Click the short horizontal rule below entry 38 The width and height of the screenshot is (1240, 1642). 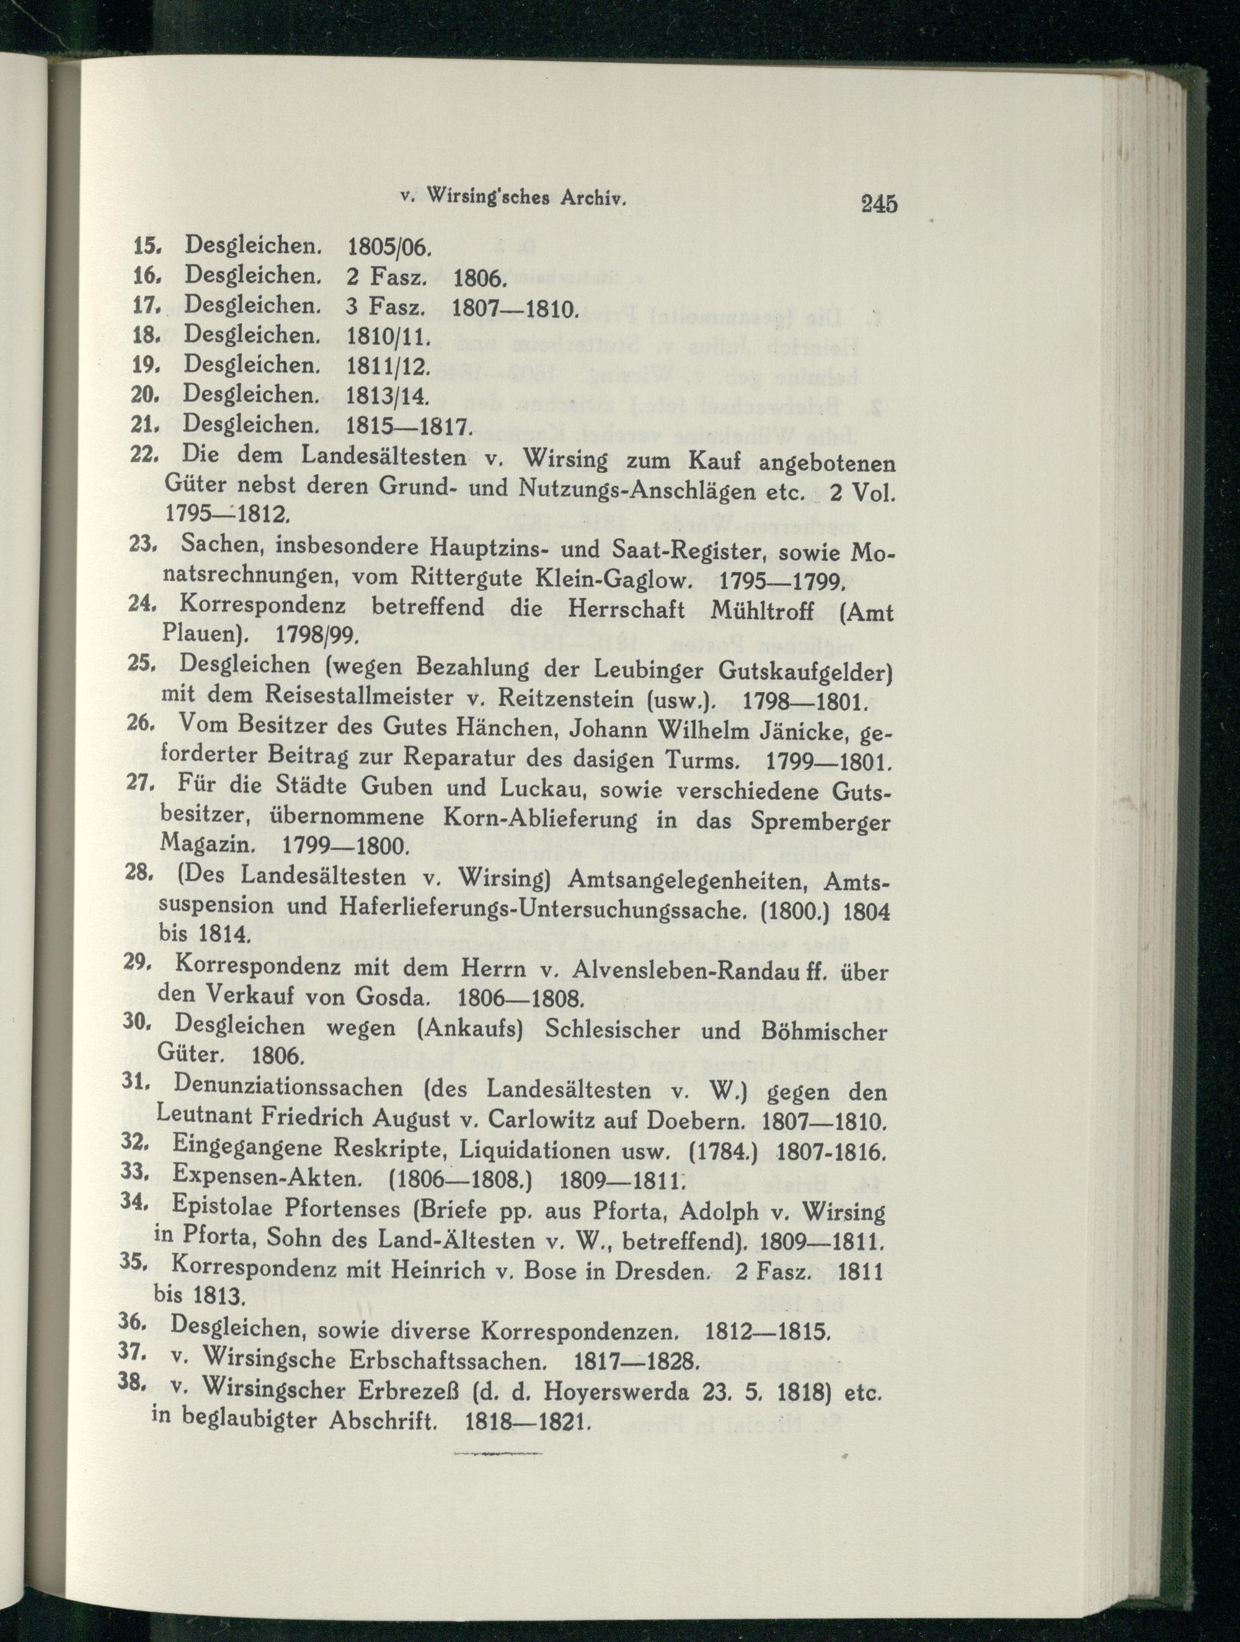497,1470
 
